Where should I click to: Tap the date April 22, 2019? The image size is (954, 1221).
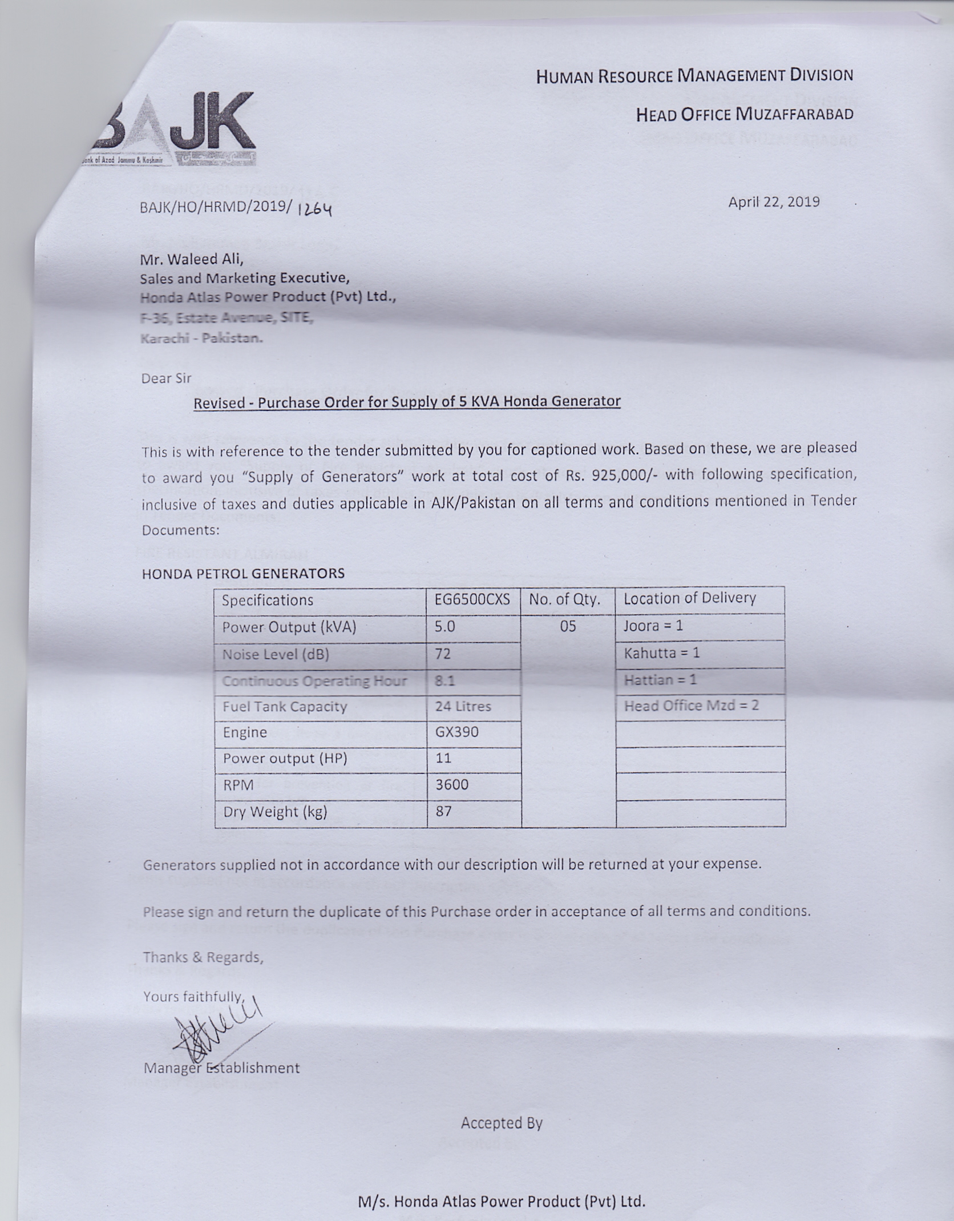coord(774,202)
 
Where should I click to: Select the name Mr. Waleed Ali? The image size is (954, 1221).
coord(192,259)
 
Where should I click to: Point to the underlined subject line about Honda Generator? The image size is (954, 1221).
coord(407,402)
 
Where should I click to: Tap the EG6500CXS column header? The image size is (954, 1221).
coord(472,600)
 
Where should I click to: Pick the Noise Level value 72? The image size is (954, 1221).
coord(443,654)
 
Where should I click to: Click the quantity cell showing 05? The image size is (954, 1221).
coord(568,627)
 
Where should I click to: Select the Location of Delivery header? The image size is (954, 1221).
coord(689,598)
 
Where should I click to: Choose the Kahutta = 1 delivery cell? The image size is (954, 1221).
coord(661,653)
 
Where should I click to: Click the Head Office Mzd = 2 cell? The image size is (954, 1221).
coord(691,706)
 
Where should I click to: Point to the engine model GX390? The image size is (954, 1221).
coord(456,732)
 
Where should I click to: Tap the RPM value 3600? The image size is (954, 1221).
coord(452,785)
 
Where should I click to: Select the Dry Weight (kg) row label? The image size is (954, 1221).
coord(275,812)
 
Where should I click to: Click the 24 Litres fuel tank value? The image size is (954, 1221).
coord(463,707)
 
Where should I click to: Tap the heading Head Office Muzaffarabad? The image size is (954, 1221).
coord(745,115)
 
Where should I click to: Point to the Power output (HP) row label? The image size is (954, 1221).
coord(285,759)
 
